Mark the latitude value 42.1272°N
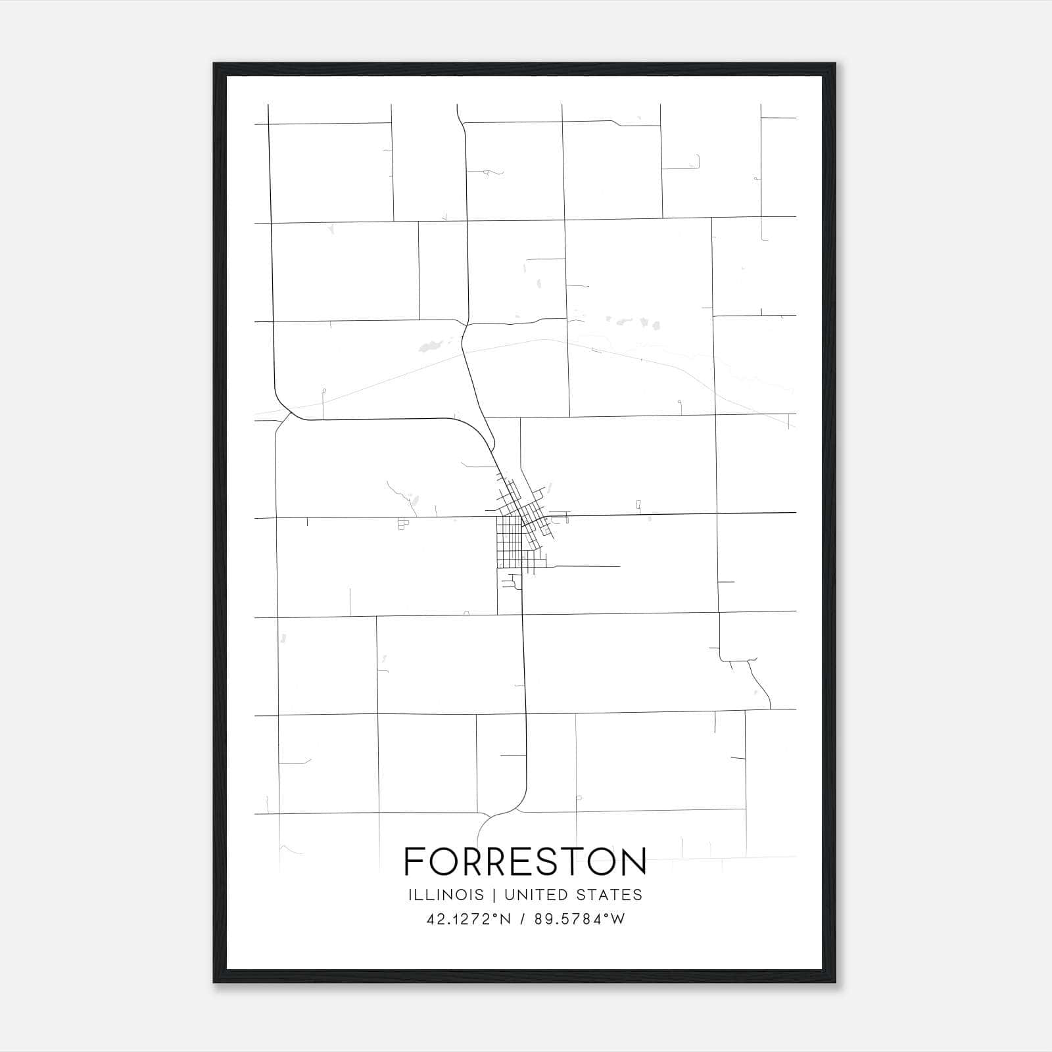click(x=469, y=919)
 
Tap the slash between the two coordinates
click(x=523, y=919)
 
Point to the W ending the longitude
click(x=618, y=919)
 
